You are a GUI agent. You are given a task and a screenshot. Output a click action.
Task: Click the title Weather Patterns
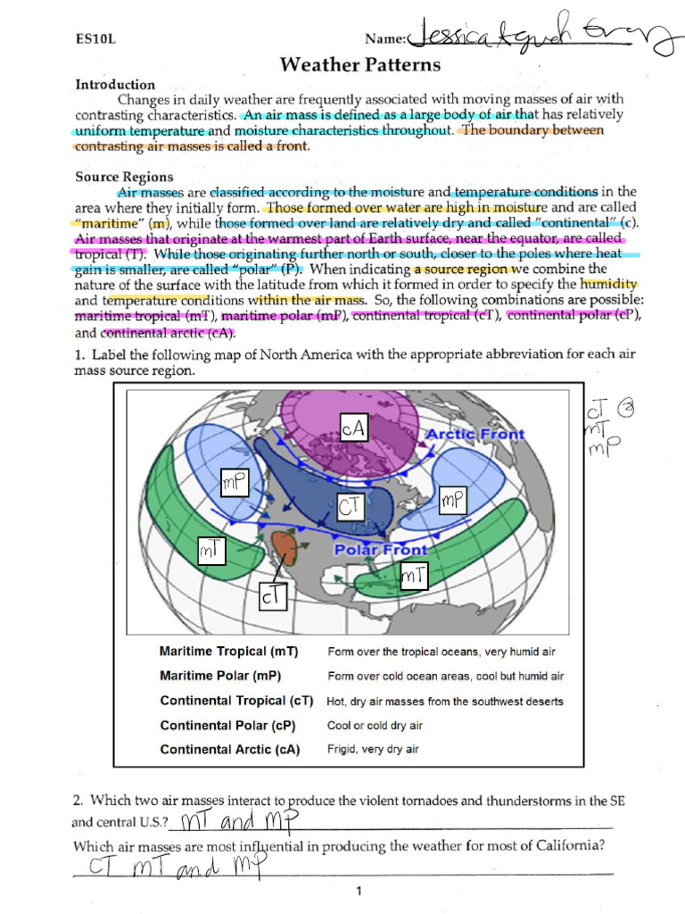[360, 64]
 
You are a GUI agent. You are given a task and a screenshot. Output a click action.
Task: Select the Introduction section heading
[115, 85]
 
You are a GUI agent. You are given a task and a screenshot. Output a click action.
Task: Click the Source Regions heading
[124, 177]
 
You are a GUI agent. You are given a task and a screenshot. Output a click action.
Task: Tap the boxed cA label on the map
[353, 428]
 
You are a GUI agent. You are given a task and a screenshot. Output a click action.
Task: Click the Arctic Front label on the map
[475, 435]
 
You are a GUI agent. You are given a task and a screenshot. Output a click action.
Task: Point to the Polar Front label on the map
[381, 550]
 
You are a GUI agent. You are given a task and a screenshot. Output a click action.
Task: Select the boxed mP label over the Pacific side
[234, 484]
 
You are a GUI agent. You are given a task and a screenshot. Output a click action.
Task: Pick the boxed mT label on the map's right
[413, 577]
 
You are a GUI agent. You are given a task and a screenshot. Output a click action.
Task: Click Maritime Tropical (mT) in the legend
[228, 652]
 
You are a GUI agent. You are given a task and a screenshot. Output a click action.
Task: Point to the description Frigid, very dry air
[373, 750]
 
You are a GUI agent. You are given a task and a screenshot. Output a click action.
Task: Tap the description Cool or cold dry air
[375, 726]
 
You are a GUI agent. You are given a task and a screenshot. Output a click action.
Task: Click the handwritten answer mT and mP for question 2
[239, 820]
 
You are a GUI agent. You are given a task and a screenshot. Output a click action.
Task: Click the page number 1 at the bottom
[358, 891]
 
